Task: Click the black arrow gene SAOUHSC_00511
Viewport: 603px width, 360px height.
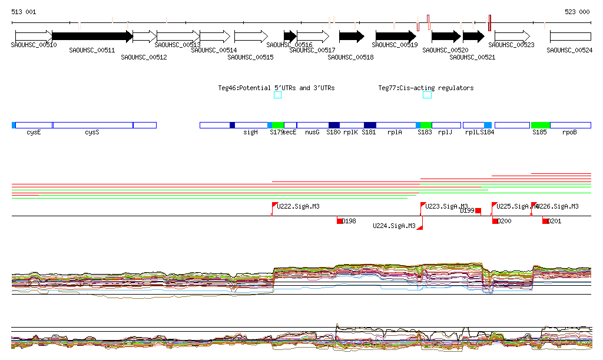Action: click(x=92, y=36)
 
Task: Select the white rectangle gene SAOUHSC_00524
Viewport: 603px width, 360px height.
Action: click(x=570, y=37)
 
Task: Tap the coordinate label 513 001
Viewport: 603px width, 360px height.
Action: click(x=24, y=12)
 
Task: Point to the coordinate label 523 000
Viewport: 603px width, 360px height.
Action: click(x=577, y=12)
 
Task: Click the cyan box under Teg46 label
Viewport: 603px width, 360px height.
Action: click(x=277, y=95)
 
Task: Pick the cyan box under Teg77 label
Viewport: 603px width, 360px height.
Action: click(x=427, y=95)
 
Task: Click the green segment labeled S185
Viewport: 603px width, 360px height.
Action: click(x=540, y=125)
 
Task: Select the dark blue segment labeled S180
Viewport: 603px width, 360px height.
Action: click(x=334, y=125)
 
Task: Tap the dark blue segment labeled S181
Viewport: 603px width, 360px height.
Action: click(x=370, y=125)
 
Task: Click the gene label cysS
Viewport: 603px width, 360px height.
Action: click(x=92, y=133)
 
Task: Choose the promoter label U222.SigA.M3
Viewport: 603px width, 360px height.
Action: click(x=298, y=206)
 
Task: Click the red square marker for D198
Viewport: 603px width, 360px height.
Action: click(x=340, y=220)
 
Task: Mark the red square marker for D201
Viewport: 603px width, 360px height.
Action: click(x=545, y=221)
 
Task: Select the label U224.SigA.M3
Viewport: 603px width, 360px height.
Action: click(x=394, y=226)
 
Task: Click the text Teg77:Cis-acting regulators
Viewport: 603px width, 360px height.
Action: click(x=426, y=88)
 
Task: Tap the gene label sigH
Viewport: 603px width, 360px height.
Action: click(x=251, y=133)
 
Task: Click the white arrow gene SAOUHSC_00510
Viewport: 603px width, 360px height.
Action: click(x=34, y=36)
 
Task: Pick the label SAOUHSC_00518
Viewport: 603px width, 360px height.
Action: click(x=350, y=57)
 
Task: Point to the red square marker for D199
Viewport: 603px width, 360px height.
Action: click(x=478, y=210)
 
